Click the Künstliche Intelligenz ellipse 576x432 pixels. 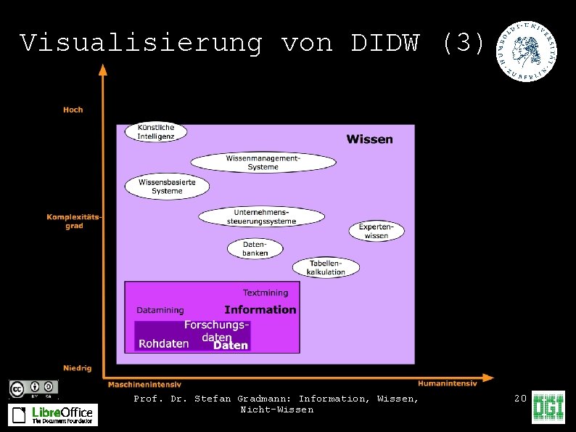(156, 132)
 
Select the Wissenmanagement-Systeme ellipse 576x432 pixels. (263, 163)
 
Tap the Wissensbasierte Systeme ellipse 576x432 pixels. (167, 187)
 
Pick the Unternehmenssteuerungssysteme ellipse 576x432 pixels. (261, 216)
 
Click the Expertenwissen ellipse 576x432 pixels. (377, 231)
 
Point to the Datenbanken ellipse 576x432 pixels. (255, 248)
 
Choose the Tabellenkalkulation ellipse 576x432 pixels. (326, 267)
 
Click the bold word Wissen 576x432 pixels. (369, 139)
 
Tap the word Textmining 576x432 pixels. (265, 293)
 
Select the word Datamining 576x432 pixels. (160, 310)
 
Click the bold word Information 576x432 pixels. (260, 309)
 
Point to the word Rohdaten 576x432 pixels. (163, 343)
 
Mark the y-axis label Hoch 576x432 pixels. (73, 110)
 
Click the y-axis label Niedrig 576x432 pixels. (77, 368)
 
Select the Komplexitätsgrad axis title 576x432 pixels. (74, 221)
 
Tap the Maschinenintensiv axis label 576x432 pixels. (145, 384)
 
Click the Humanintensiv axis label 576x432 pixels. (447, 383)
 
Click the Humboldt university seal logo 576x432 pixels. (527, 51)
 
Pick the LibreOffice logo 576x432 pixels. (52, 415)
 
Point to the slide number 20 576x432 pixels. (519, 399)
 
